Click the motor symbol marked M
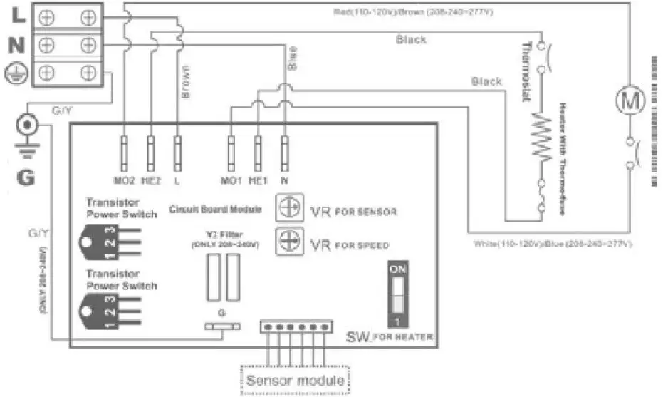630,100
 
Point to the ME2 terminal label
151,181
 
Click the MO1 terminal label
231,181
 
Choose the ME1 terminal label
258,181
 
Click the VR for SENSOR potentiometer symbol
288,208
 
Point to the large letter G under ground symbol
26,177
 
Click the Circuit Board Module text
216,210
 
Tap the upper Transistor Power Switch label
120,207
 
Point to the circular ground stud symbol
28,125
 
